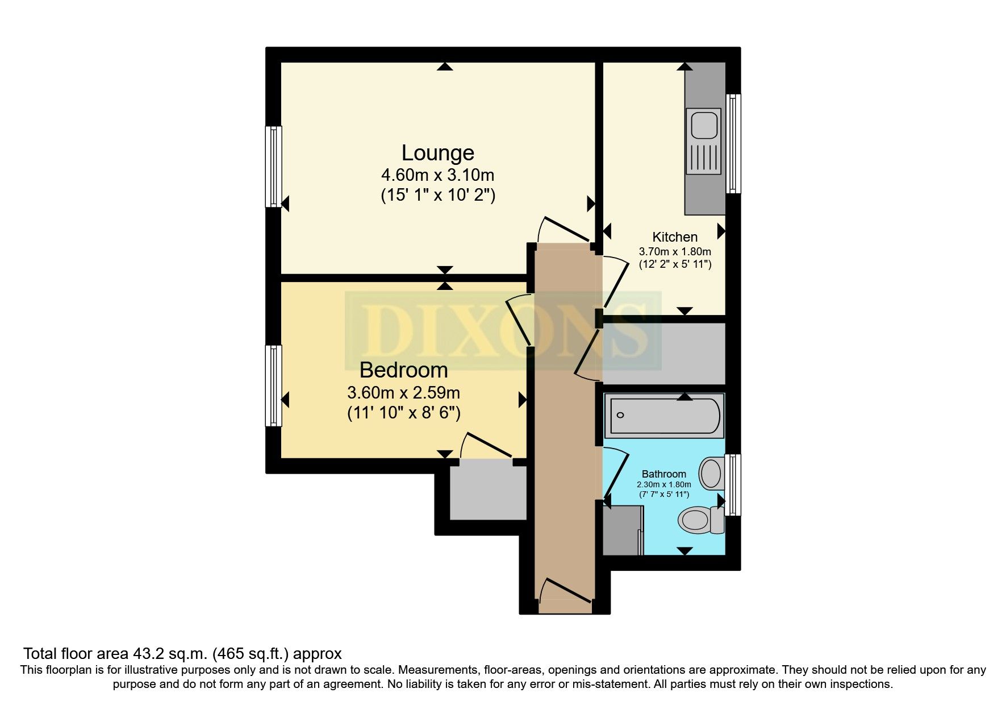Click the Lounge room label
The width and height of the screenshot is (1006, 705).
(x=437, y=153)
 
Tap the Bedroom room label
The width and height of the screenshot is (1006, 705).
(x=403, y=370)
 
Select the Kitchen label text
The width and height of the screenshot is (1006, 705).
(x=675, y=237)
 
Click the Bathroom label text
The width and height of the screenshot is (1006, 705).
(x=663, y=474)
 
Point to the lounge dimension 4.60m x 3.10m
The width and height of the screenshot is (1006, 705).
(x=437, y=175)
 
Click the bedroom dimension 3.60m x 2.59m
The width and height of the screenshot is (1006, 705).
(x=403, y=393)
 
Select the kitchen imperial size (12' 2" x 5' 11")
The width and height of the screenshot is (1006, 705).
(x=675, y=264)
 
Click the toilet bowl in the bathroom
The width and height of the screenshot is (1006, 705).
(x=694, y=520)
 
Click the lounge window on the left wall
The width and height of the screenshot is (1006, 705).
(x=274, y=166)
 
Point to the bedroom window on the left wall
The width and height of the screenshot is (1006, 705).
(x=274, y=385)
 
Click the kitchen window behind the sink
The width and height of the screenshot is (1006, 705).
(x=733, y=143)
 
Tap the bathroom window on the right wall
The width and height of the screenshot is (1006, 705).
(x=733, y=484)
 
